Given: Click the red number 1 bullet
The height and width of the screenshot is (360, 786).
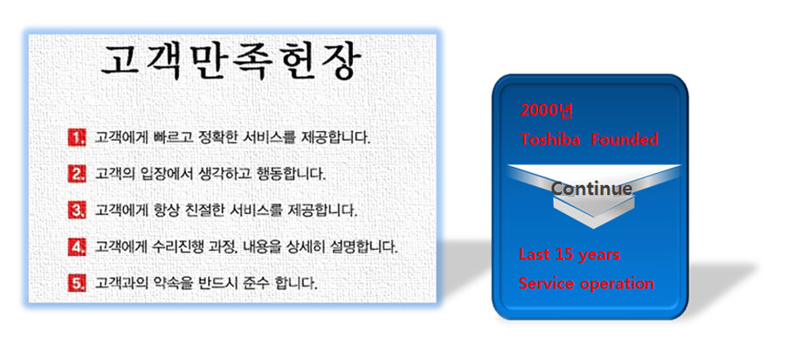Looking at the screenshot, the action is [x=77, y=137].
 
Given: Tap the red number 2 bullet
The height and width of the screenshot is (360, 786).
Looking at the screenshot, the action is [x=77, y=174].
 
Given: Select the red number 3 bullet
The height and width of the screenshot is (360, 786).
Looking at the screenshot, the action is [x=77, y=210].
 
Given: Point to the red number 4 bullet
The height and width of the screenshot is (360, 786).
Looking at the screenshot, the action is [x=77, y=246].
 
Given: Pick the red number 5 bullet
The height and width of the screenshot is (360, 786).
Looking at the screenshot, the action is [x=77, y=283].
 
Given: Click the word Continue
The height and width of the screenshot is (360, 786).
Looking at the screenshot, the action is [x=591, y=189].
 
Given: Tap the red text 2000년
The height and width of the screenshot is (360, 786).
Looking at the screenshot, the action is [x=546, y=110].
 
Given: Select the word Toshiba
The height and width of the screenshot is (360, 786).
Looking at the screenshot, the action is [x=550, y=139].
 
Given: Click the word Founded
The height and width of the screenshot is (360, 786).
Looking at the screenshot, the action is [x=624, y=139].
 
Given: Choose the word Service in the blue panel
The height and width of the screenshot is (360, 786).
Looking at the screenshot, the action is [x=547, y=283].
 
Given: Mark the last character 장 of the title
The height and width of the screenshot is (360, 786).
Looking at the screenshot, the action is [x=341, y=62].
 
